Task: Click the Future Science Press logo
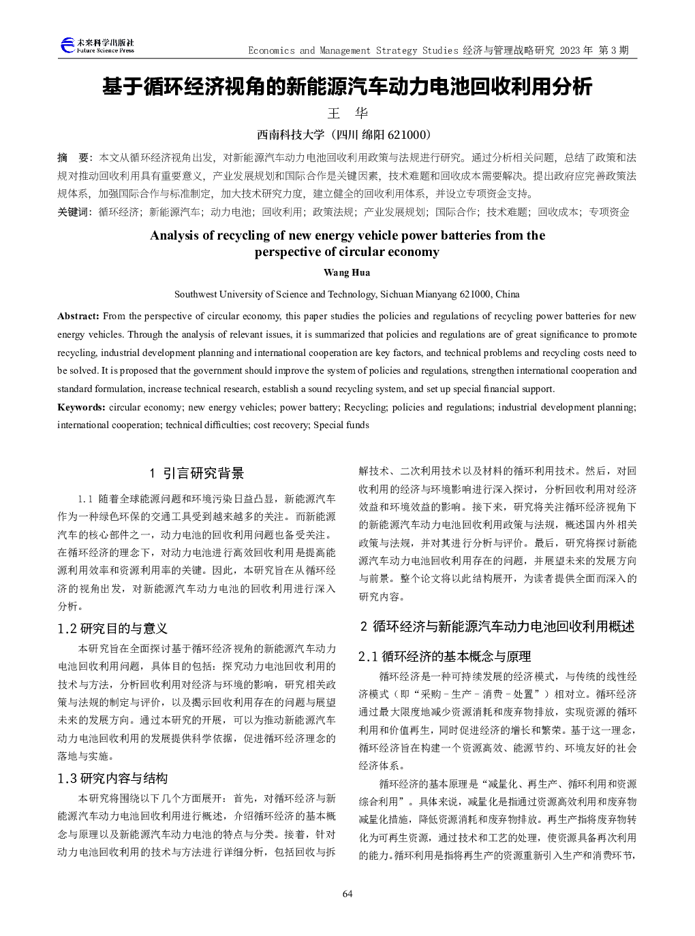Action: click(97, 46)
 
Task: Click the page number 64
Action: click(347, 894)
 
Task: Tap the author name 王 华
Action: click(347, 113)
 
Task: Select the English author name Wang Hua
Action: click(347, 272)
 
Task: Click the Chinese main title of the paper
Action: click(347, 86)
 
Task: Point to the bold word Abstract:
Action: click(78, 316)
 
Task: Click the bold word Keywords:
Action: click(81, 407)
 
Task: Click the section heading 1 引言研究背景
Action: click(196, 473)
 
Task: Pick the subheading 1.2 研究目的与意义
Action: click(112, 628)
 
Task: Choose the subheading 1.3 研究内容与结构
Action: click(112, 778)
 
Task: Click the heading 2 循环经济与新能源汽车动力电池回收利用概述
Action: click(497, 626)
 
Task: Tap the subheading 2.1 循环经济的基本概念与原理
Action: click(444, 656)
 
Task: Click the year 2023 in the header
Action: click(570, 50)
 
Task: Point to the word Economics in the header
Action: click(271, 50)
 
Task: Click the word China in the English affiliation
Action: click(508, 294)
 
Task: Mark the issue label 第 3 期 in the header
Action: click(613, 50)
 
